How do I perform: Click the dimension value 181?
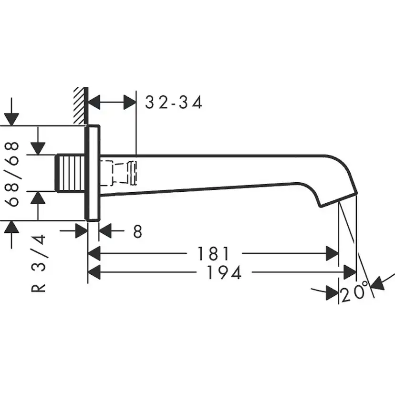[213, 253]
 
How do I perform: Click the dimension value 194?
[224, 273]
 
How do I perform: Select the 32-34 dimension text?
[173, 102]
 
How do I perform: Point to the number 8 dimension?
[137, 232]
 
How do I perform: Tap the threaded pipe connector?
[70, 173]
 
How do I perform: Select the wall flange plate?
[93, 173]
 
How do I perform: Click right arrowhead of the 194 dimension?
[351, 273]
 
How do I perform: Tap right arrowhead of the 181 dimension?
[333, 253]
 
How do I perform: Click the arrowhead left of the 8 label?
[104, 232]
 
